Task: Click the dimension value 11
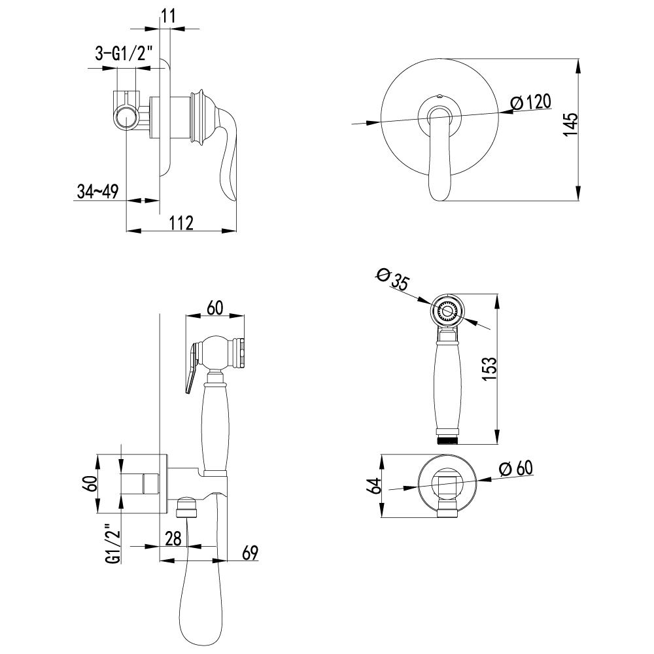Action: click(168, 16)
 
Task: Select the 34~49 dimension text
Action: click(98, 192)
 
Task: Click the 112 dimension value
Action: click(182, 223)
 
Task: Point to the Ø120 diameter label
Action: click(531, 102)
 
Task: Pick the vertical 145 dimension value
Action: click(570, 124)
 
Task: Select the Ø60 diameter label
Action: click(516, 468)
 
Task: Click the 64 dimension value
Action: click(376, 486)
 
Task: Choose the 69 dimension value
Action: click(250, 553)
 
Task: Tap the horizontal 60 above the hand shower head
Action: click(215, 308)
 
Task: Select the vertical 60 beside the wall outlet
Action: click(92, 483)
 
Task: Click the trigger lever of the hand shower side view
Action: click(191, 366)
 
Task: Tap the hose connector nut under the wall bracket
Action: click(187, 507)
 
